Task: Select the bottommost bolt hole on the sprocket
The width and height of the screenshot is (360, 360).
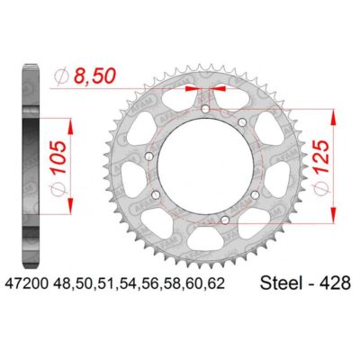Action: (x=224, y=216)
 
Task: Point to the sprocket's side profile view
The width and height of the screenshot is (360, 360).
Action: (x=30, y=162)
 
